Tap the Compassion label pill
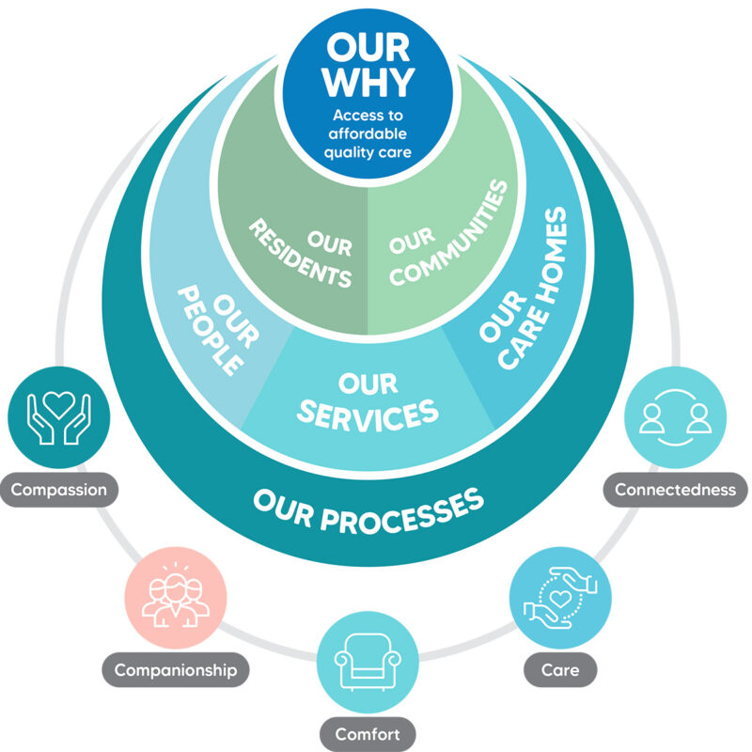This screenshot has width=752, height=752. (x=59, y=490)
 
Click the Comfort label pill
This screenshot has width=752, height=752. (x=368, y=734)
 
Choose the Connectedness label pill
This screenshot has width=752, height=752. (x=675, y=489)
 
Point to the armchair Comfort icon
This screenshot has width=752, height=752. (x=368, y=662)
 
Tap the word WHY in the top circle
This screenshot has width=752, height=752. (x=368, y=82)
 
